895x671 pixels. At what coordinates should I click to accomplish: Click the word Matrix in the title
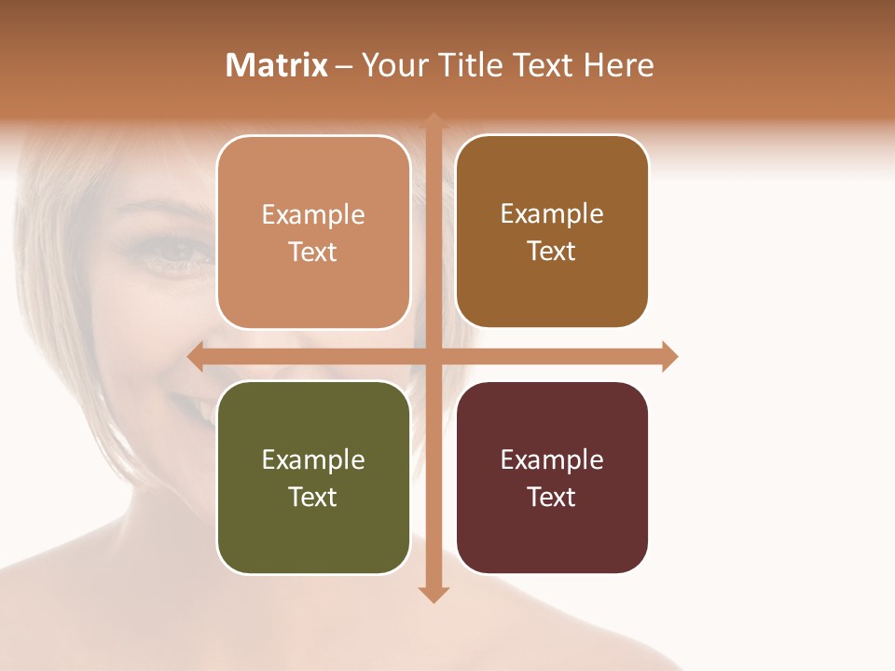coord(277,65)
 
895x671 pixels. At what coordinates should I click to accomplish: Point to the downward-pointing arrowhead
coord(434,594)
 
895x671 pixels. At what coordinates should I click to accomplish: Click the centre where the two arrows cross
coord(434,357)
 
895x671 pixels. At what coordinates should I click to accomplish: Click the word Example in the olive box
coord(313,459)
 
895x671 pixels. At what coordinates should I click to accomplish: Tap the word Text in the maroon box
coord(552,497)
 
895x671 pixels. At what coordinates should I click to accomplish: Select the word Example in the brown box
coord(552,214)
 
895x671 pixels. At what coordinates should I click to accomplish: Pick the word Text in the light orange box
coord(313,252)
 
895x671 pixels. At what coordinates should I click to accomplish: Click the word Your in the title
coord(391,65)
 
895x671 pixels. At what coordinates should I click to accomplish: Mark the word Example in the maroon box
coord(552,459)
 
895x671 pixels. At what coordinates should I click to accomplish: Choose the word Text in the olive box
coord(313,497)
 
